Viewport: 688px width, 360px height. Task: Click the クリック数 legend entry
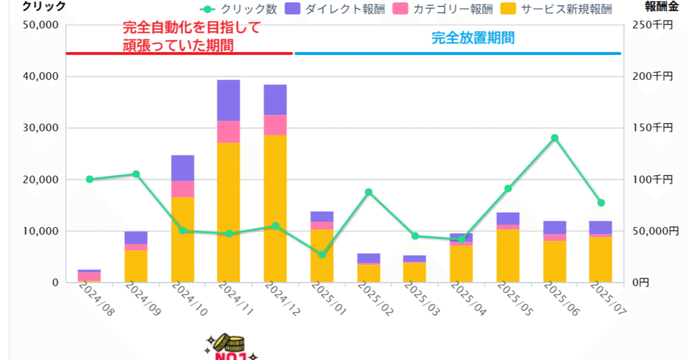click(239, 9)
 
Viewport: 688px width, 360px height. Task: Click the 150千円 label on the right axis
click(653, 128)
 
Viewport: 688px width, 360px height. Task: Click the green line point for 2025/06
click(555, 138)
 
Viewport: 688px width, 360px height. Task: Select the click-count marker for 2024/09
click(136, 174)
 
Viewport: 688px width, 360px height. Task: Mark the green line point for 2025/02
click(369, 192)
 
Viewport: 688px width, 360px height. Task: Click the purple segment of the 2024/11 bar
click(228, 100)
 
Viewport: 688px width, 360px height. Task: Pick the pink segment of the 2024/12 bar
click(275, 125)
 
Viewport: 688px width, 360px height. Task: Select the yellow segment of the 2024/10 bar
click(182, 239)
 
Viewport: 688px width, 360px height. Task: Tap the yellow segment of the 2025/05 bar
click(508, 256)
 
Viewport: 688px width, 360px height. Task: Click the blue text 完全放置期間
click(473, 38)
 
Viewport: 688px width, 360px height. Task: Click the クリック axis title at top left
click(44, 6)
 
